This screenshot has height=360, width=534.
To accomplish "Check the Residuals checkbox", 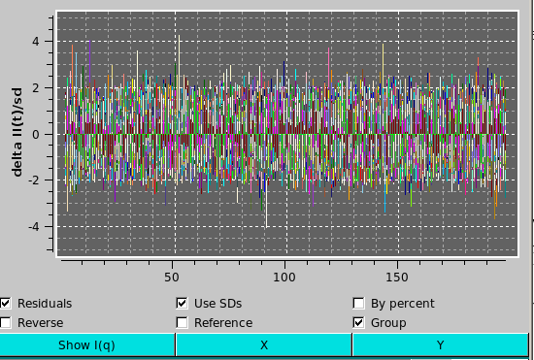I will pos(6,303).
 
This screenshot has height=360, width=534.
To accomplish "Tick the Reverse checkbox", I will pos(6,322).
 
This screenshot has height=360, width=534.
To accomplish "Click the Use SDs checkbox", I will pos(182,303).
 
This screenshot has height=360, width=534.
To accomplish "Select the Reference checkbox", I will pos(182,322).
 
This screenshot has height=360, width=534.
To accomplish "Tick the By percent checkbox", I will pos(358,303).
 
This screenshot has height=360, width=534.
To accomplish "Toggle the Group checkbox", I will pos(358,322).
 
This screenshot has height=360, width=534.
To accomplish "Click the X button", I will pos(263,344).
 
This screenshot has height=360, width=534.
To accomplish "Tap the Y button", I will pos(440,344).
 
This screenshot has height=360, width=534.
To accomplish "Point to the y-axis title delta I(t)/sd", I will pos(17,130).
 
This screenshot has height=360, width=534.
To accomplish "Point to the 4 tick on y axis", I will pos(35,42).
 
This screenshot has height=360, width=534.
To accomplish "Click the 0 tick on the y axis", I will pos(35,135).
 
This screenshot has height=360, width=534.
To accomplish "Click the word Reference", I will pos(223,322).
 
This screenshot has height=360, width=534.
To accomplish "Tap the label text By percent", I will pos(403,303).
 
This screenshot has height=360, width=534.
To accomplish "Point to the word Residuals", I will pos(45,303).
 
